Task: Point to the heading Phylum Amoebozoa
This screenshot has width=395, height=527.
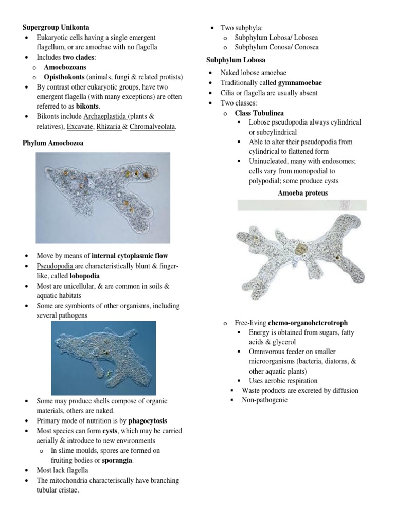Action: tap(52, 143)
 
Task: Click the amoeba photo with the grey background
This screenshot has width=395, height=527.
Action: tap(102, 198)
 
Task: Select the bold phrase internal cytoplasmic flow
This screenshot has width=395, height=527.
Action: tap(129, 255)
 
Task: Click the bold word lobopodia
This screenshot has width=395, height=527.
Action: tap(84, 275)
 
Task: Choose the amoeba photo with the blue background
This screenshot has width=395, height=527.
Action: tap(103, 358)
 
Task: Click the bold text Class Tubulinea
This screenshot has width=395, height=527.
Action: tap(259, 113)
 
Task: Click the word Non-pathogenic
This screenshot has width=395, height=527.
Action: tap(264, 400)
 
